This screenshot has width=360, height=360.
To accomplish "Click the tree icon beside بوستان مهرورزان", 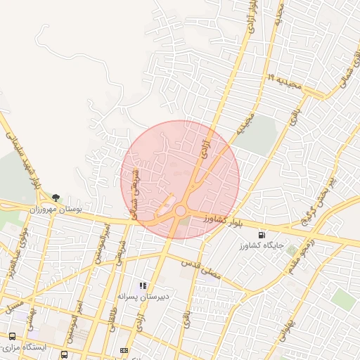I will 56,198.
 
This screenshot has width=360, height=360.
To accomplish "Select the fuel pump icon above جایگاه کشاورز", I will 262,235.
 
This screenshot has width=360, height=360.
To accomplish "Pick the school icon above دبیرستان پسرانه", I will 143,285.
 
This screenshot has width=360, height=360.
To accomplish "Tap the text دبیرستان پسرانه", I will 143,297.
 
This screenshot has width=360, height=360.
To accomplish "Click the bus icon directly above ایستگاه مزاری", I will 12,336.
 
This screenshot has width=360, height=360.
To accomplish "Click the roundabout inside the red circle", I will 181,210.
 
